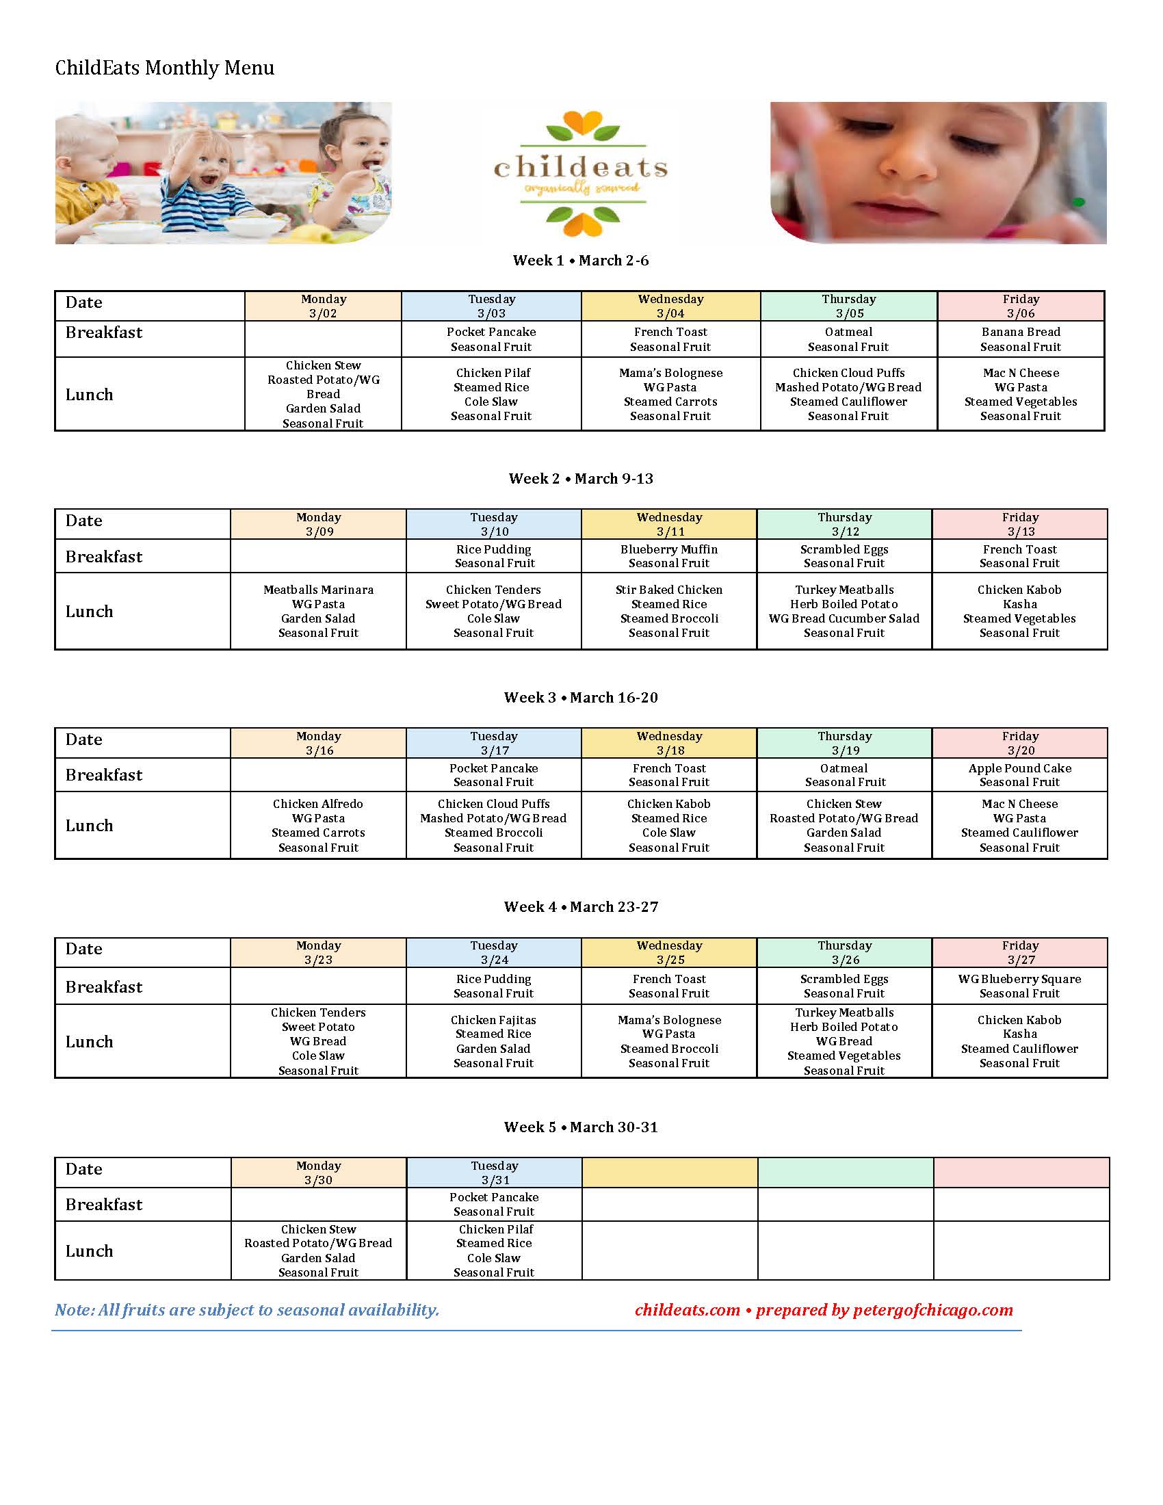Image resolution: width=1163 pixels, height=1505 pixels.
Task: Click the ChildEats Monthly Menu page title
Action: click(x=165, y=68)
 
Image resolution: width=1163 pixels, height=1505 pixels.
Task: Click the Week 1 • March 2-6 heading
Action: click(x=581, y=261)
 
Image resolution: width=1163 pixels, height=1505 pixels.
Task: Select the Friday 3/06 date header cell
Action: click(x=1021, y=306)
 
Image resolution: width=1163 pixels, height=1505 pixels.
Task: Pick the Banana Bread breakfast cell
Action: click(x=1021, y=339)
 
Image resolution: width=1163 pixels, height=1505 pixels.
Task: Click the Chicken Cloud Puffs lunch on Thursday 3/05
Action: click(x=848, y=394)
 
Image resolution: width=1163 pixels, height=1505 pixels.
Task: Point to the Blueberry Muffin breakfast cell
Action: click(x=669, y=556)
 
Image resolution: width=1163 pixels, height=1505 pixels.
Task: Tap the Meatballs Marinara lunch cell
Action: click(x=318, y=611)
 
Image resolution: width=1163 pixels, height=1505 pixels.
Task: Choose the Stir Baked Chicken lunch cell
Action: click(x=669, y=611)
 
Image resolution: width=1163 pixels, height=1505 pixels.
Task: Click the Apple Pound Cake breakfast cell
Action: click(x=1020, y=775)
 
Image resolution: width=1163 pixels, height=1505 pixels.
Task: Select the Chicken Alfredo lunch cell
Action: click(x=318, y=826)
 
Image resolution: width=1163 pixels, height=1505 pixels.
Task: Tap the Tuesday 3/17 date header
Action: click(x=494, y=743)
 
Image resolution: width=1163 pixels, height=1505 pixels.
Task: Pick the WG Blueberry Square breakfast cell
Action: click(x=1020, y=986)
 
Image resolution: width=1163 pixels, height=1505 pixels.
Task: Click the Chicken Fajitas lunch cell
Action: click(x=493, y=1041)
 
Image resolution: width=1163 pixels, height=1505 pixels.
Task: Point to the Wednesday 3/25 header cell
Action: click(x=669, y=952)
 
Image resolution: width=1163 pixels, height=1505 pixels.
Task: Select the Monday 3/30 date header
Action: click(x=318, y=1173)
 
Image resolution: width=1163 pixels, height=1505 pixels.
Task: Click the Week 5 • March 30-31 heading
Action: click(x=581, y=1127)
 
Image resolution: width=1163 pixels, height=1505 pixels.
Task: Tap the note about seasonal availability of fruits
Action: click(x=247, y=1310)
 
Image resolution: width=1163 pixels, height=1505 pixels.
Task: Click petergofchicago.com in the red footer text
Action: click(x=933, y=1310)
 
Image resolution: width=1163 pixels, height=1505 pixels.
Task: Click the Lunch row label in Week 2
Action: click(x=90, y=611)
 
